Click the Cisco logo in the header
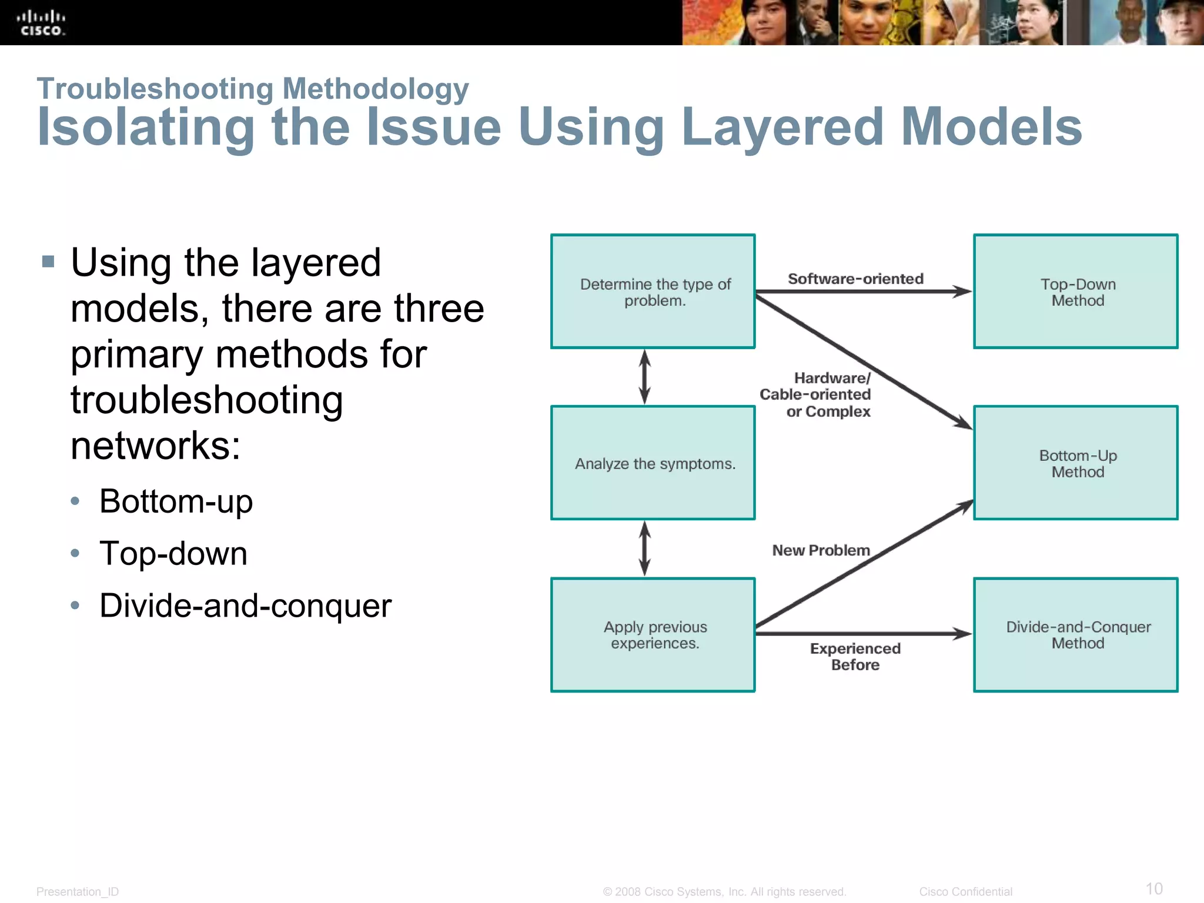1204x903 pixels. (x=41, y=23)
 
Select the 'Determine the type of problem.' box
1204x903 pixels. (x=653, y=292)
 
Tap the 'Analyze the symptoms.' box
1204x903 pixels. (x=653, y=463)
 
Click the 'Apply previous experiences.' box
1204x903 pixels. (x=653, y=635)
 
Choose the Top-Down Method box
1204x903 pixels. (x=1076, y=292)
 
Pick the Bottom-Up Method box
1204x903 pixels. (x=1076, y=463)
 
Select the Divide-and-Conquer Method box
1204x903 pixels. (x=1076, y=635)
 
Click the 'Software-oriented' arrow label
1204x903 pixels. (x=855, y=279)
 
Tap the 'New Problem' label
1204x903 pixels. (x=821, y=550)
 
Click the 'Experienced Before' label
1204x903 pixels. (x=855, y=657)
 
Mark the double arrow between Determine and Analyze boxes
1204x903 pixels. (x=645, y=377)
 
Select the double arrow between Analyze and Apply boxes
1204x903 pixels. (x=645, y=549)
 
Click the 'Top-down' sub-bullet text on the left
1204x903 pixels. (x=173, y=554)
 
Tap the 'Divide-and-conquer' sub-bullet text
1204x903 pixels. (x=245, y=606)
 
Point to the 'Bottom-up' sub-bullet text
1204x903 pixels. (x=176, y=501)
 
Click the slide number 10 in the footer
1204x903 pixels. (x=1153, y=888)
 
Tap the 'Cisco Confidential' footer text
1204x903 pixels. (x=965, y=891)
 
